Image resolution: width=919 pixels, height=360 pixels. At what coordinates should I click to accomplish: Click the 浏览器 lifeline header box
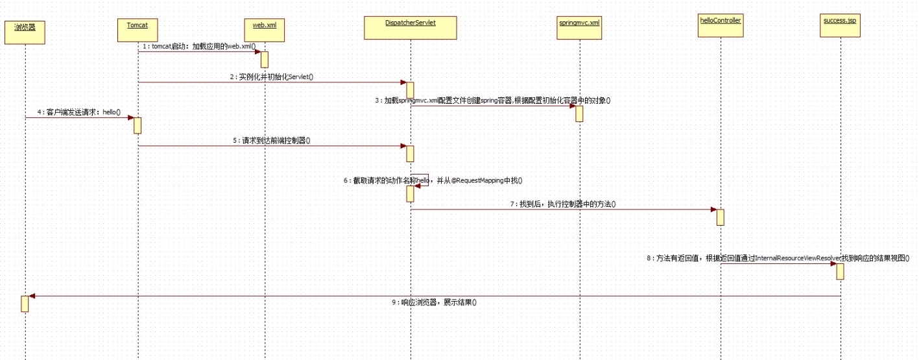25,31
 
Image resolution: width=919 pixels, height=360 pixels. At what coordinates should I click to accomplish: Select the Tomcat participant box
137,29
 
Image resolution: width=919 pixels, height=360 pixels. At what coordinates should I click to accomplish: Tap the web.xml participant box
265,29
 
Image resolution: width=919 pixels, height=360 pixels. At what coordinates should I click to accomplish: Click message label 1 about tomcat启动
199,47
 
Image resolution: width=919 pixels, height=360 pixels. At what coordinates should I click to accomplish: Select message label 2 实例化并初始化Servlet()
271,77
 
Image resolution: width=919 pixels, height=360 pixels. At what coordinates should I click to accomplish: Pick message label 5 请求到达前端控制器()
272,140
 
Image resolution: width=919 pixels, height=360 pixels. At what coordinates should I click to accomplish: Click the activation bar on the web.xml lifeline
265,59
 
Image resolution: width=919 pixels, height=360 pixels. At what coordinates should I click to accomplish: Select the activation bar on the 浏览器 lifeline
25,304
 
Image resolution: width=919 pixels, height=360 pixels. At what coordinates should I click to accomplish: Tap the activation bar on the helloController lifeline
720,217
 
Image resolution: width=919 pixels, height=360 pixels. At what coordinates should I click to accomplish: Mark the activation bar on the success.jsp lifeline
840,271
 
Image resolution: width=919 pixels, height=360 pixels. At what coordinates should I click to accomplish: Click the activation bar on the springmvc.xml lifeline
579,114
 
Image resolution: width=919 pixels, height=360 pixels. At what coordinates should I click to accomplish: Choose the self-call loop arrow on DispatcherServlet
420,180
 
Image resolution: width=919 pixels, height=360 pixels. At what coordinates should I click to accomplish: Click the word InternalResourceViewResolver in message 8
798,258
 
